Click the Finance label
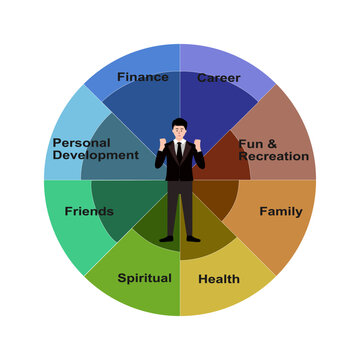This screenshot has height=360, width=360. point(142,77)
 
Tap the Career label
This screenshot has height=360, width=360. point(218,78)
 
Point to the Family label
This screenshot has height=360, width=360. point(280,212)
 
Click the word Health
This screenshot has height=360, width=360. point(219,279)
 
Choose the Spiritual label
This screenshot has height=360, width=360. point(144,278)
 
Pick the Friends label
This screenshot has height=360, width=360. point(88,212)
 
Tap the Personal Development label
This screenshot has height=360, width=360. point(95,149)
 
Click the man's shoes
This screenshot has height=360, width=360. point(180,238)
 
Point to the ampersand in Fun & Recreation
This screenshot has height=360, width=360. point(272,143)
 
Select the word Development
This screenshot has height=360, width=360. point(95,156)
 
